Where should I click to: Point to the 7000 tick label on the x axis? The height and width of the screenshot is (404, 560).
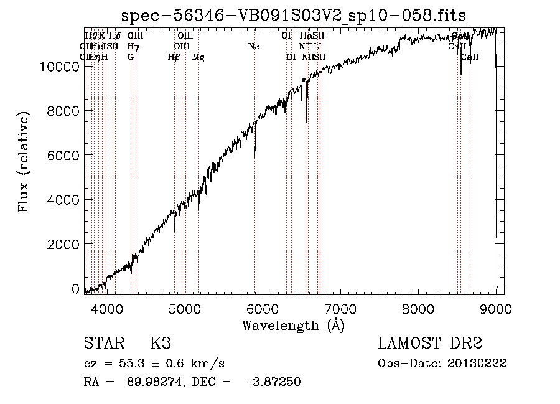coord(340,308)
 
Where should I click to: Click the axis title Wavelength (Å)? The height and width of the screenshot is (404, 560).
coord(294,325)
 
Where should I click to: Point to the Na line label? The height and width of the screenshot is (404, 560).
coord(254,47)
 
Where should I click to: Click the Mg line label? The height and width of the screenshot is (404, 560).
coord(198,57)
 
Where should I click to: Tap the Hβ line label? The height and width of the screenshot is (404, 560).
coord(174,57)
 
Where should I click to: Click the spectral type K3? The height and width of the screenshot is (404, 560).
coord(160,344)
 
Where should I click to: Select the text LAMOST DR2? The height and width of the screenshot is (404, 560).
coord(430,344)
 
